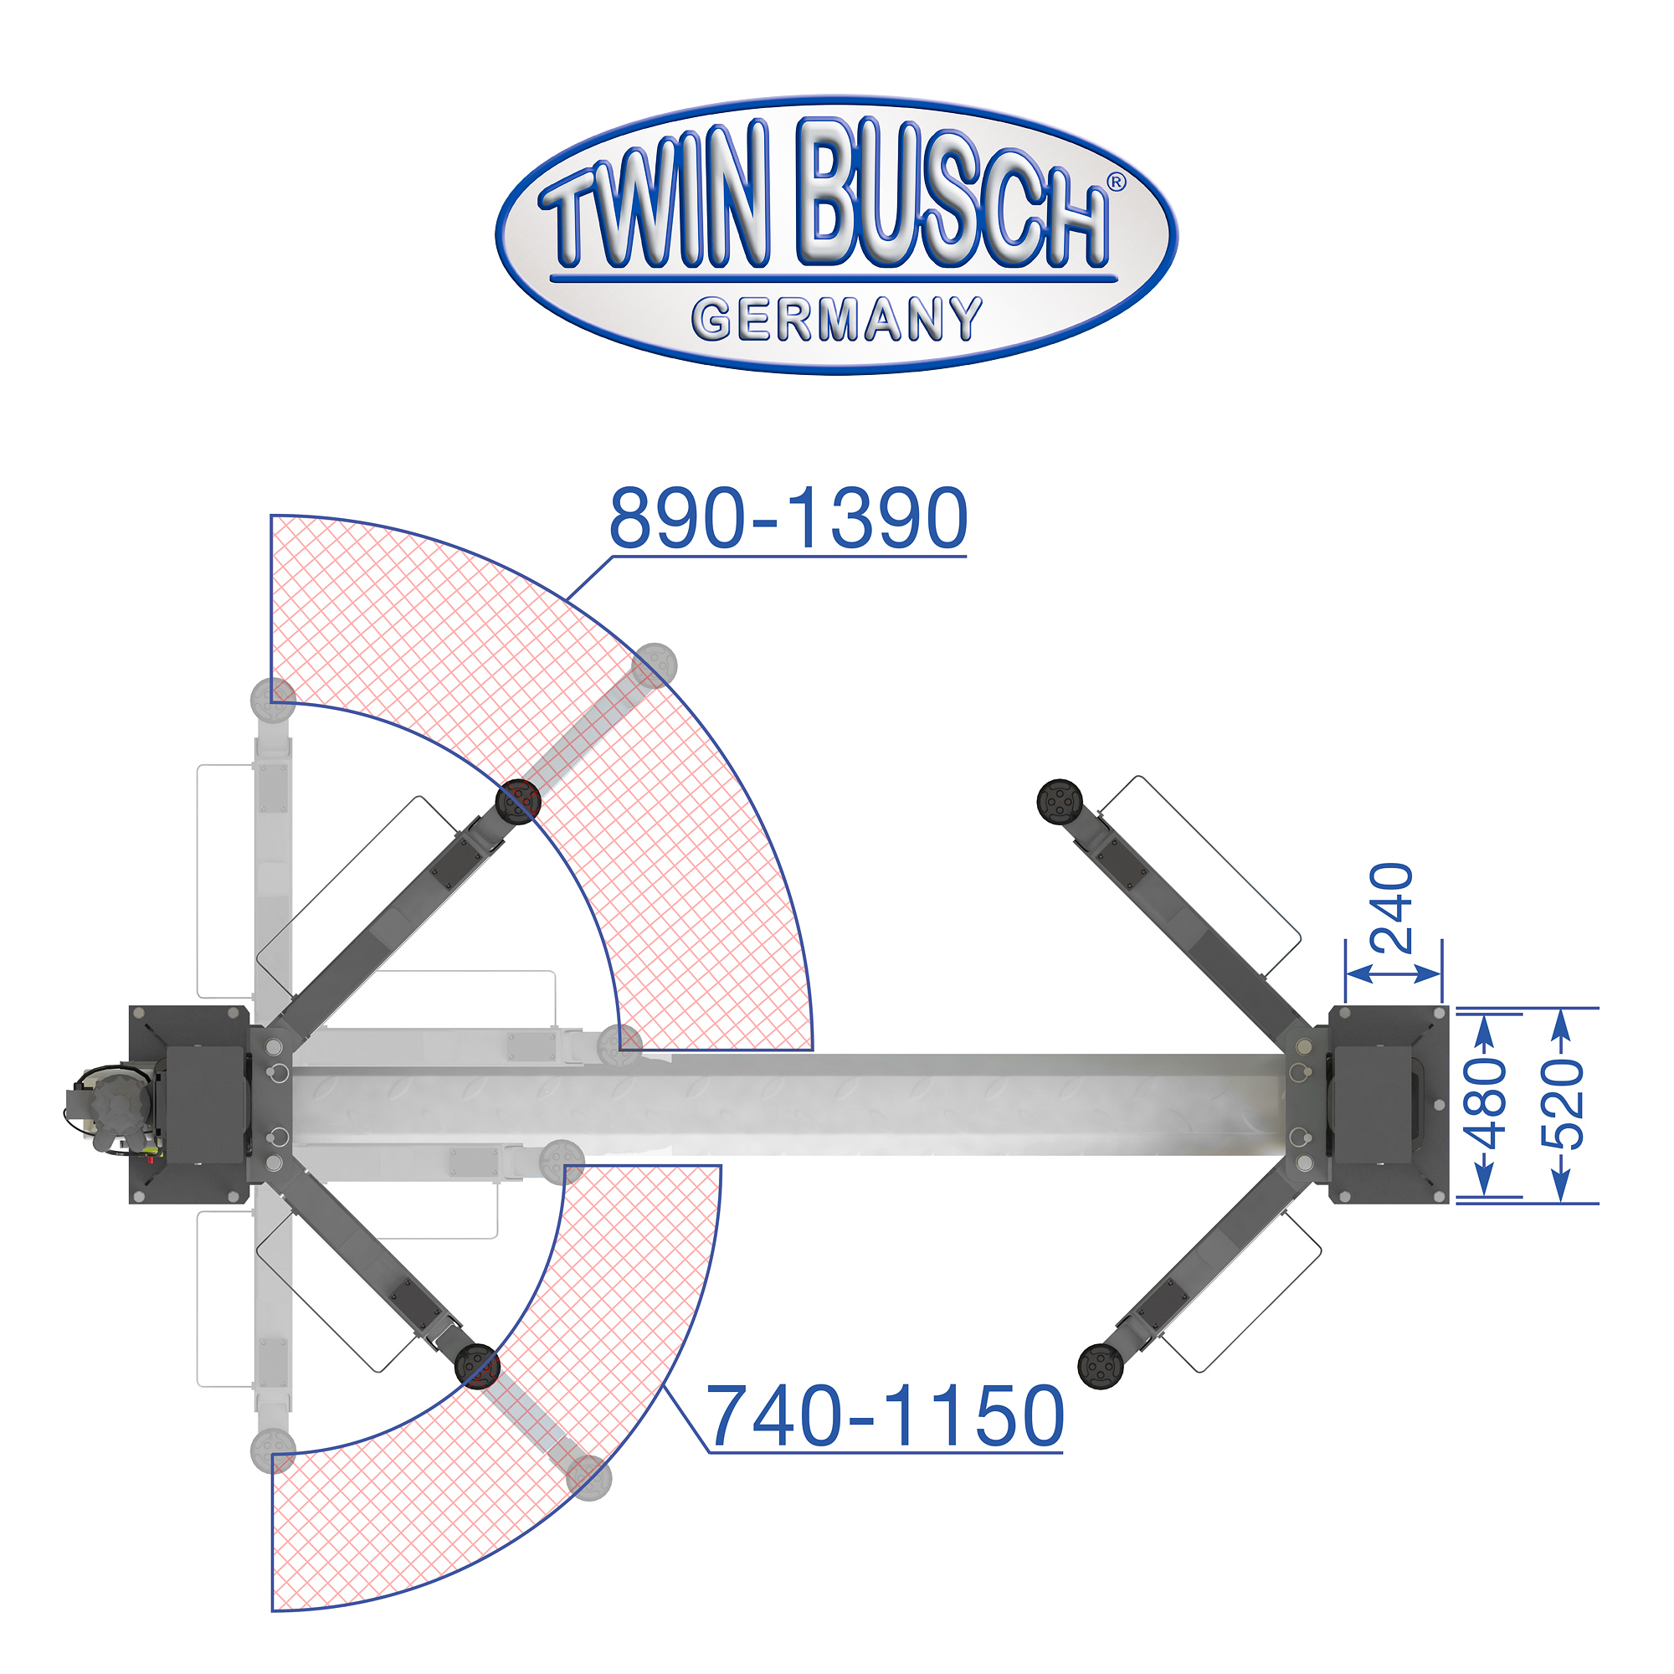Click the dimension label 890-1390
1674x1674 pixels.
[x=788, y=517]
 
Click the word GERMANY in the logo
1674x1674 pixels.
[x=837, y=319]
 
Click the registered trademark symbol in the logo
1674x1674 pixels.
[x=1116, y=181]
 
